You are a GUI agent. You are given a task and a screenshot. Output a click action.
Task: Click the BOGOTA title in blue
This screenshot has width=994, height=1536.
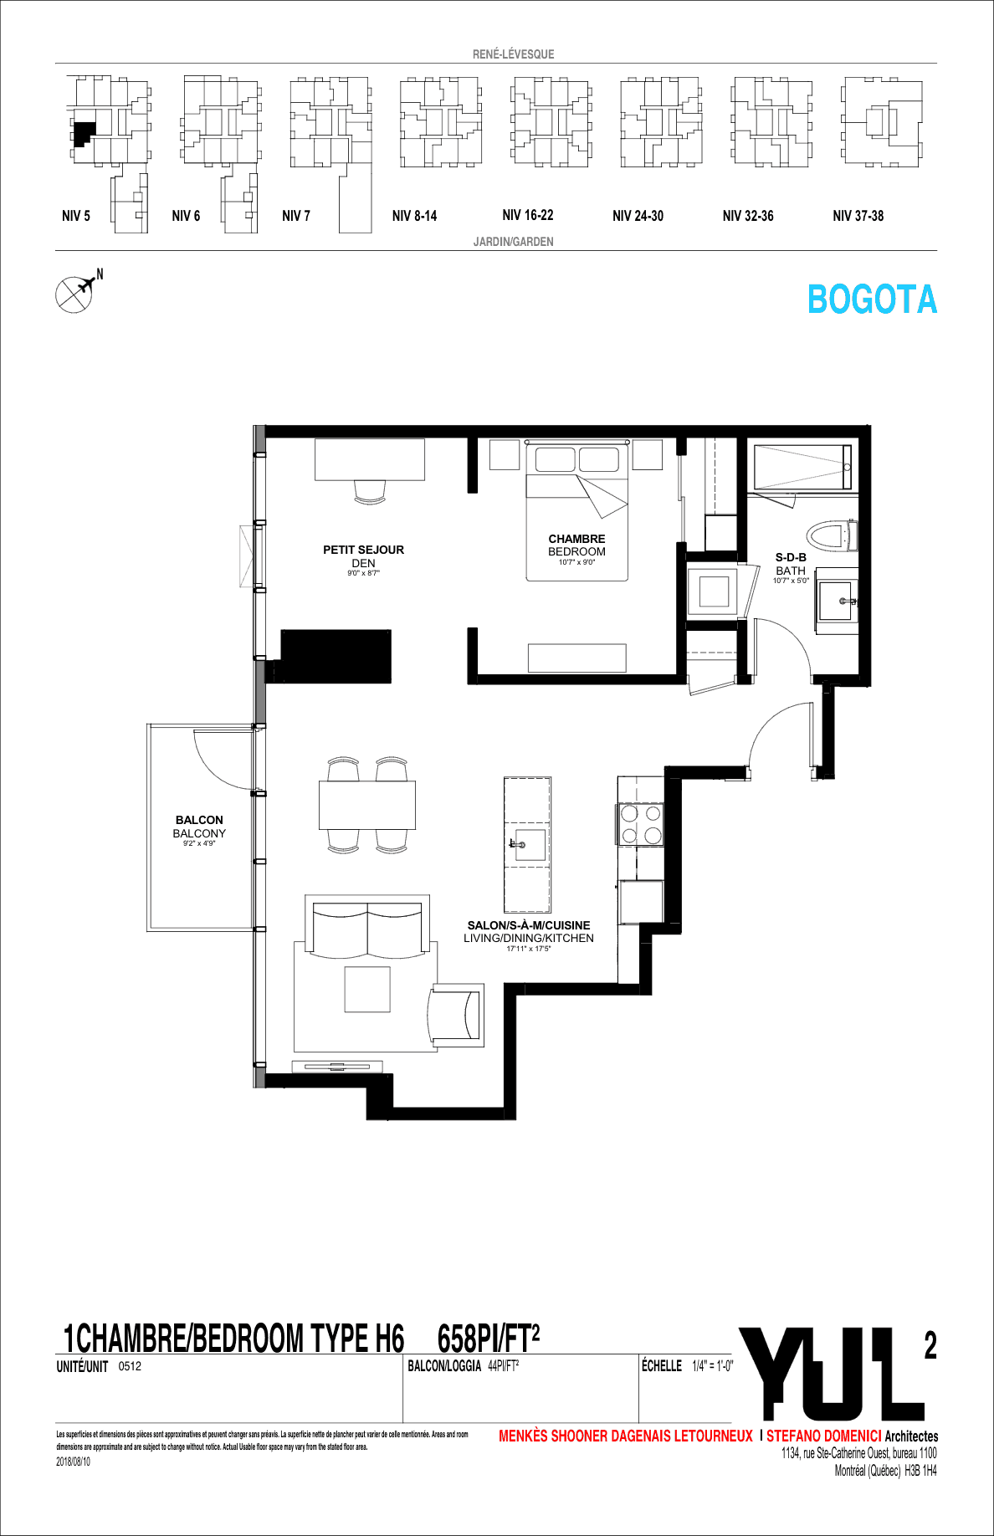pyautogui.click(x=872, y=300)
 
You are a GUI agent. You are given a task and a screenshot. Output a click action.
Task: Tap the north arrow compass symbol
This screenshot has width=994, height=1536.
pyautogui.click(x=76, y=293)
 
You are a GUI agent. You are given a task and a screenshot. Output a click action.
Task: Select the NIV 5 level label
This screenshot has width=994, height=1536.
pyautogui.click(x=75, y=216)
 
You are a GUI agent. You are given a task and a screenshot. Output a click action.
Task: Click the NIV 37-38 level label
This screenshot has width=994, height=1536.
pyautogui.click(x=858, y=216)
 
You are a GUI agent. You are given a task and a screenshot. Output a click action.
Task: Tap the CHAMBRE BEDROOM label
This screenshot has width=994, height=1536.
pyautogui.click(x=576, y=545)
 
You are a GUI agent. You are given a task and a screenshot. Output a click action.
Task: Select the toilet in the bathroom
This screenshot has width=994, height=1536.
pyautogui.click(x=832, y=535)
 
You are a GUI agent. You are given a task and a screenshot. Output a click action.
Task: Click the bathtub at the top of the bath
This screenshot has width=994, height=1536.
pyautogui.click(x=802, y=468)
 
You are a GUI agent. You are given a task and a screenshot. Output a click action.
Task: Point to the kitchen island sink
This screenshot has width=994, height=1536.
pyautogui.click(x=528, y=844)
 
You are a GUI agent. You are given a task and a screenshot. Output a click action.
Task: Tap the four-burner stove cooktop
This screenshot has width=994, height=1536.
pyautogui.click(x=641, y=824)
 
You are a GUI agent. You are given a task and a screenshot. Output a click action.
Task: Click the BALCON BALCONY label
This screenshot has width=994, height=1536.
pyautogui.click(x=199, y=827)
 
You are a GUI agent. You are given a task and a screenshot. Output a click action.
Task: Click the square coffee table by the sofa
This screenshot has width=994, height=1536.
pyautogui.click(x=367, y=989)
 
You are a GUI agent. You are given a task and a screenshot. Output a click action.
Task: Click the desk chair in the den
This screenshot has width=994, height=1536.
pyautogui.click(x=370, y=491)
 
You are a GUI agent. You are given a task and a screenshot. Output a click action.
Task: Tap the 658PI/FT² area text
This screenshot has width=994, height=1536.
pyautogui.click(x=488, y=1339)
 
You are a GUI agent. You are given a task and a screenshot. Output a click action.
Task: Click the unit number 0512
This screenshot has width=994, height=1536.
pyautogui.click(x=130, y=1366)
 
